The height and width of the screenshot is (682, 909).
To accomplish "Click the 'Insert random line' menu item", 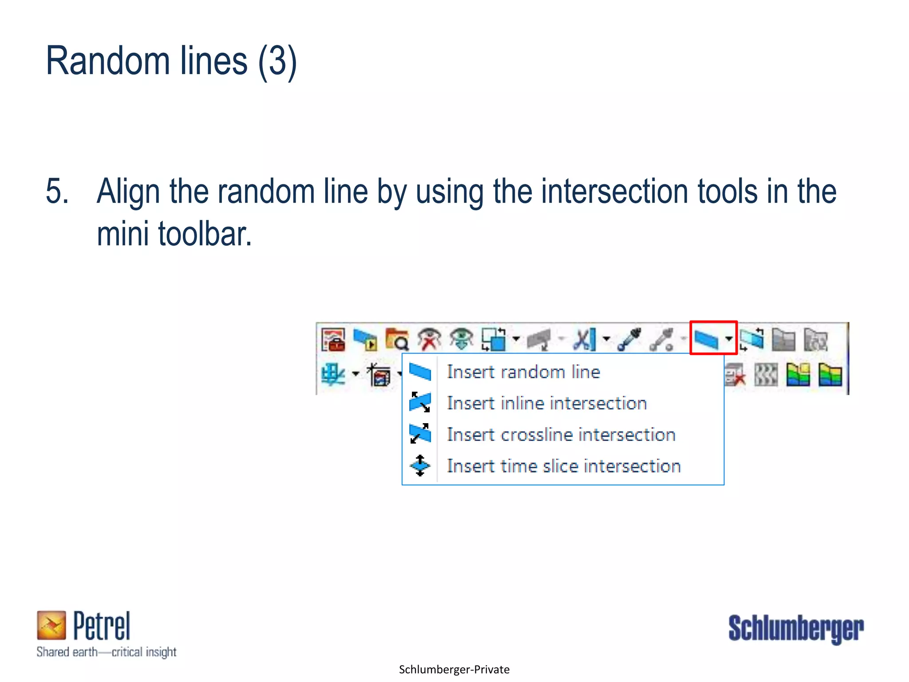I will click(523, 372).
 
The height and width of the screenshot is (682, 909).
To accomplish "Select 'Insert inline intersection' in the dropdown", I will click(546, 403).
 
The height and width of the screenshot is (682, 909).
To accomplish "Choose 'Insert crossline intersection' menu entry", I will click(561, 435).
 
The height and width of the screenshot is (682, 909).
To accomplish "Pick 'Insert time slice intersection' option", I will click(564, 466).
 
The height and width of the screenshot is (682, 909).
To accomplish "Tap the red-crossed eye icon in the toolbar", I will click(429, 339).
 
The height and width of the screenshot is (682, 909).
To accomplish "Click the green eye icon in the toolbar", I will click(461, 339).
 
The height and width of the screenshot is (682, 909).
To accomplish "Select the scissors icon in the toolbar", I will click(585, 339).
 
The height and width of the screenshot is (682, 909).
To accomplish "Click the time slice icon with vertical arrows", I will click(420, 466).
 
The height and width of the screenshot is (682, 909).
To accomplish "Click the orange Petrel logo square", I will click(51, 625).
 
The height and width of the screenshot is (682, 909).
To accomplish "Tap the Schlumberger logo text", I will click(796, 628).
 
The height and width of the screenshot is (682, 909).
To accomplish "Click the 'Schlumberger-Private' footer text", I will click(454, 670).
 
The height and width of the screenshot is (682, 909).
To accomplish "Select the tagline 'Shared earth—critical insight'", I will click(107, 652).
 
